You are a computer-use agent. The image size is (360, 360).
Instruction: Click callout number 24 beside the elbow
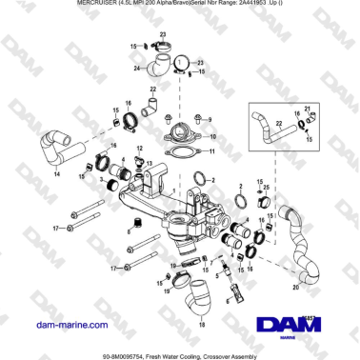137,69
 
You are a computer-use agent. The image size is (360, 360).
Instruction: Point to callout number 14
56,175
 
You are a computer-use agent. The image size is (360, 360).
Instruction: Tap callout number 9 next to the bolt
210,120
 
